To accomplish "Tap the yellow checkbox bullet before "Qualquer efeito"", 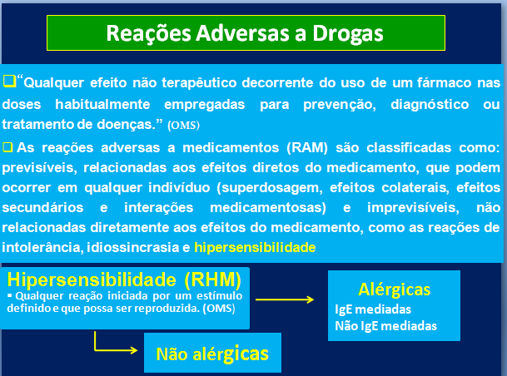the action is tap(9, 81).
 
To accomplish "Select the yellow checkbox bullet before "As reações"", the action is tap(7, 147).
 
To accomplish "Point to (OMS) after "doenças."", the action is tap(183, 126).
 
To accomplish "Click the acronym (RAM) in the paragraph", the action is tap(307, 147).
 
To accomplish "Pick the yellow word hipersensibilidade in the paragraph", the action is tap(255, 247).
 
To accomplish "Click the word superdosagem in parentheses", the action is tap(270, 188).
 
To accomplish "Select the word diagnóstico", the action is tap(430, 104).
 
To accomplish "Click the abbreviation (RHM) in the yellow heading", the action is tap(213, 280).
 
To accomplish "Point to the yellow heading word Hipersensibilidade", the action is tap(92, 280).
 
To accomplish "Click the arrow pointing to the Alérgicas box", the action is tap(285, 299).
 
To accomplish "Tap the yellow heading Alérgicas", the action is tap(394, 289).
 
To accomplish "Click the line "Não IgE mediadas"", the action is tap(385, 326).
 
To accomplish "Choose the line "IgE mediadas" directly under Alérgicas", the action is tap(373, 309).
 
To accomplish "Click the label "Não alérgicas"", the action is tap(212, 354).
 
